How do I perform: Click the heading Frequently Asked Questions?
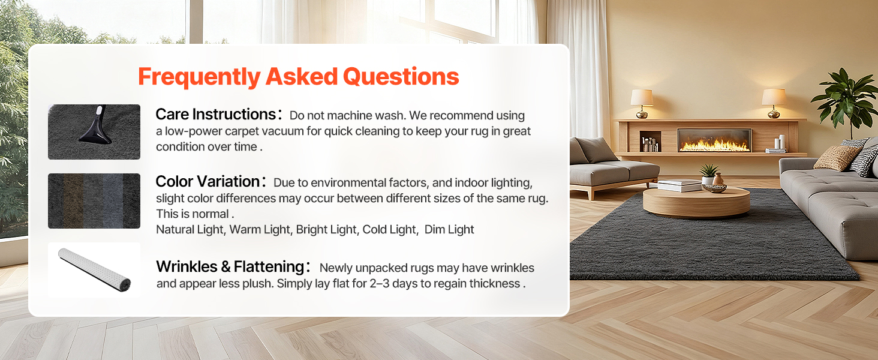tap(298, 76)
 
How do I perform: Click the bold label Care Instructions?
tap(215, 115)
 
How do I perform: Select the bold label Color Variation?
tap(208, 182)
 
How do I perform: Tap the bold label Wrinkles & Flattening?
tap(230, 266)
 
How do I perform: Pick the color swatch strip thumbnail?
tap(94, 201)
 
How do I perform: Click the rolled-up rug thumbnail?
tap(95, 270)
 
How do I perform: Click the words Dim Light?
tap(449, 229)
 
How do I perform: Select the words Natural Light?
tap(190, 229)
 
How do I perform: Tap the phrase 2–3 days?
tap(393, 284)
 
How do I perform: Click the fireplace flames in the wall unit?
tap(714, 145)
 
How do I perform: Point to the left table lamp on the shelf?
tap(642, 103)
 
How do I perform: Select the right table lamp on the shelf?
tap(774, 103)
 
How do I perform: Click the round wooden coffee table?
tap(696, 202)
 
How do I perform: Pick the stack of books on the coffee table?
tap(679, 185)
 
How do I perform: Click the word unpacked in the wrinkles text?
tap(381, 268)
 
